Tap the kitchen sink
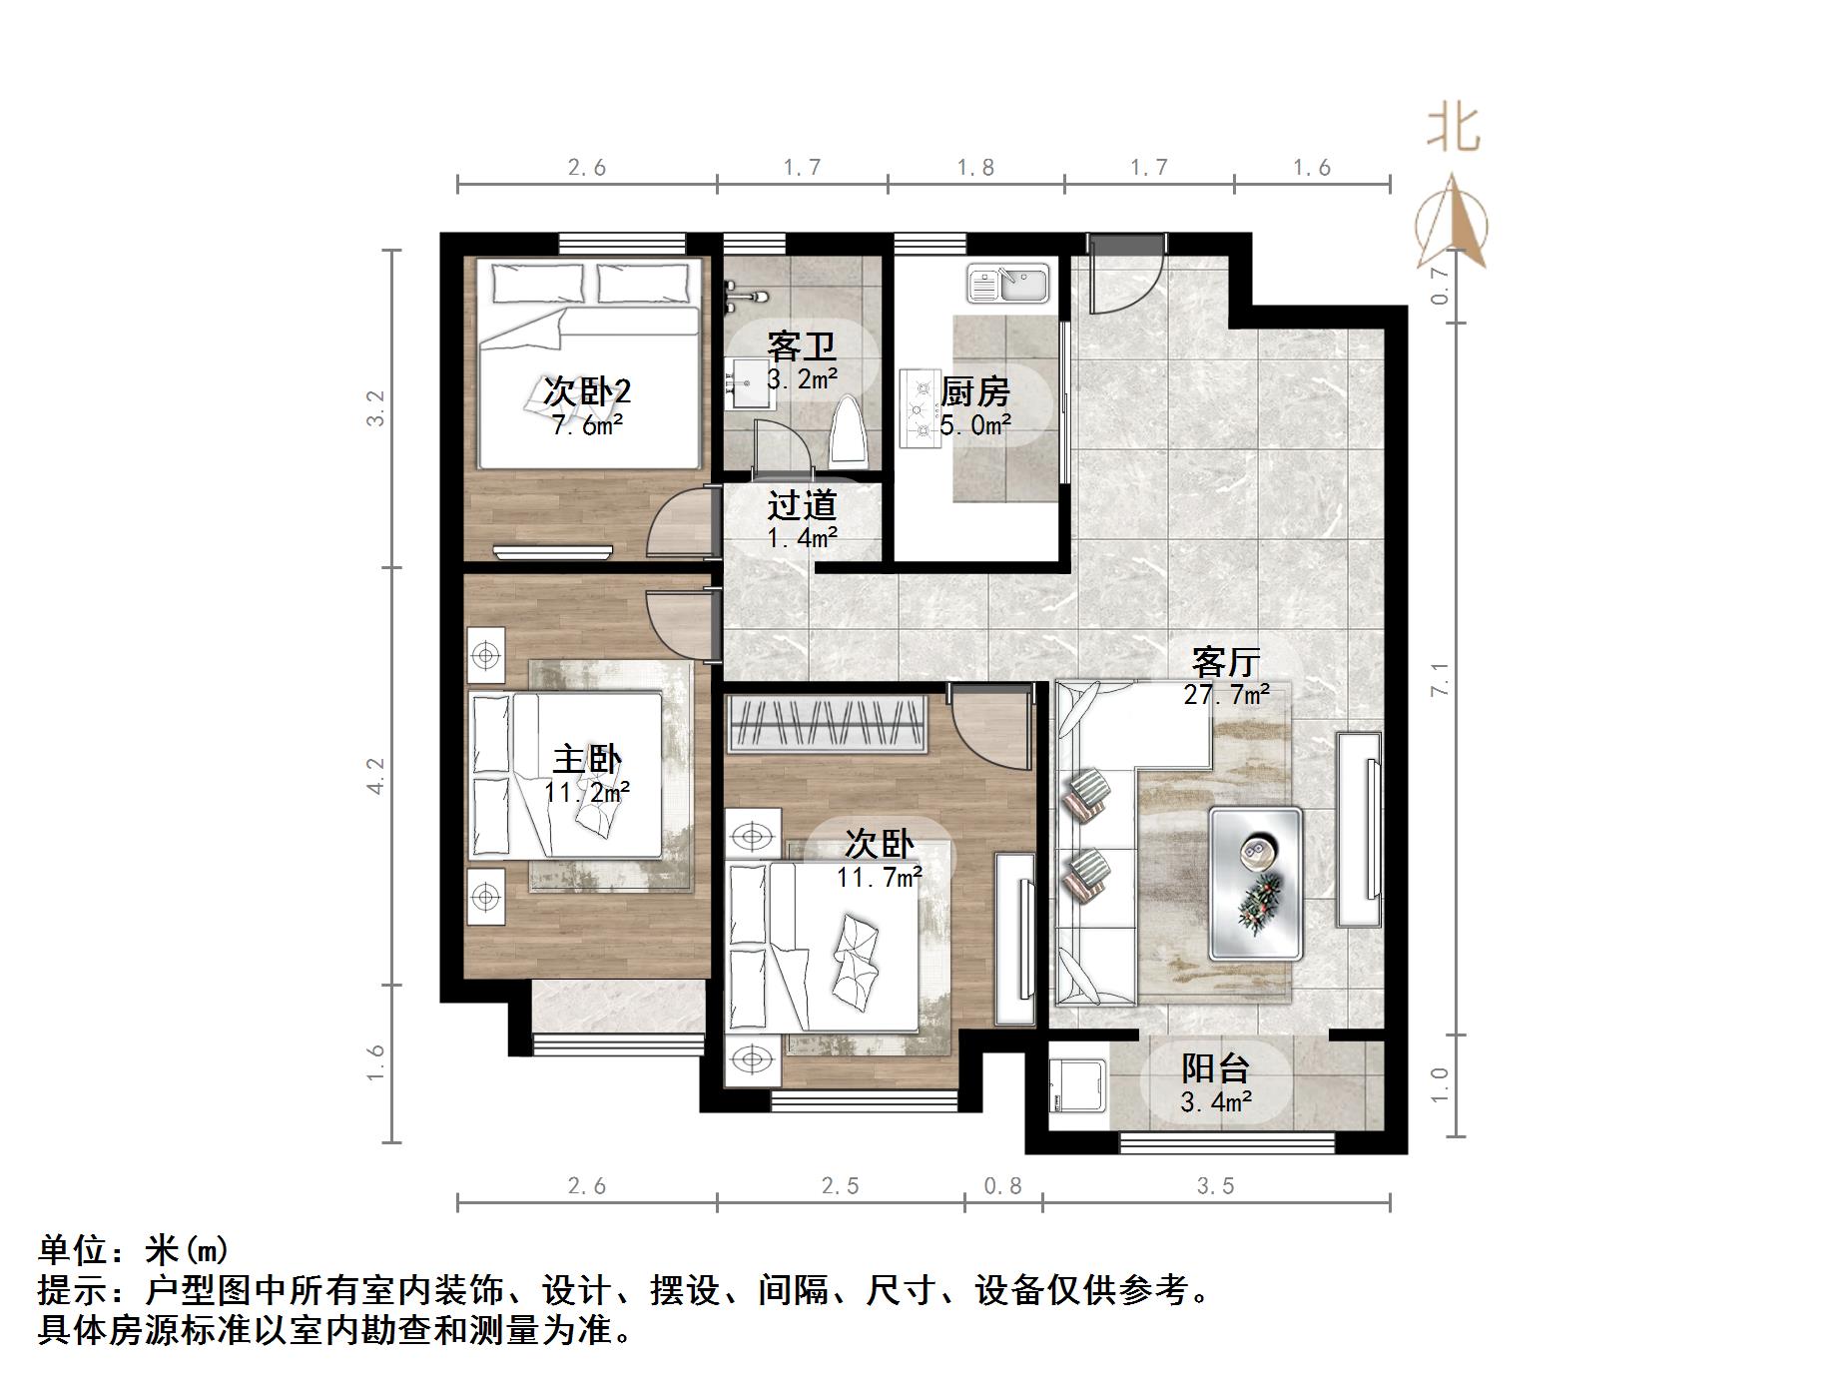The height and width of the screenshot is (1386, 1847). point(1007,284)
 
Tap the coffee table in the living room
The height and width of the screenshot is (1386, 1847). point(1255,884)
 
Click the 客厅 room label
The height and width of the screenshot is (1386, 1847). point(1226,662)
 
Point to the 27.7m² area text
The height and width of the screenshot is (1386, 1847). point(1226,695)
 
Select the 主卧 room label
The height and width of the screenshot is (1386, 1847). point(587,761)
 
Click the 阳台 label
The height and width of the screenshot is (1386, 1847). point(1215,1069)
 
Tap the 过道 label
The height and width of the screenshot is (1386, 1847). point(801,506)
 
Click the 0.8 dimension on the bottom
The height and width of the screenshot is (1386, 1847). point(1002,1186)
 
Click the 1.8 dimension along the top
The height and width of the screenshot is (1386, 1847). point(975,168)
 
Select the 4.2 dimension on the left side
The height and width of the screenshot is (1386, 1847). point(375,776)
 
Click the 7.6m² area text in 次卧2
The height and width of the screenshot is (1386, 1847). point(587,426)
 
